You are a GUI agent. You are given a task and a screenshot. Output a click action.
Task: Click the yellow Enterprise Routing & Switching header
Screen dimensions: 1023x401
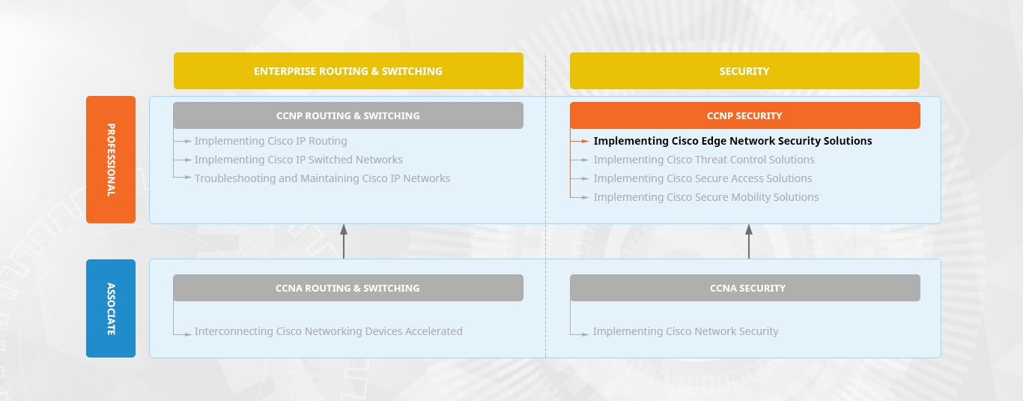click(348, 71)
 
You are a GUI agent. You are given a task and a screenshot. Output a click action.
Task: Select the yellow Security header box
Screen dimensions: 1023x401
click(744, 71)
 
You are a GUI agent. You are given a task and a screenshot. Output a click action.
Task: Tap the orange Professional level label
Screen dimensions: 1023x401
click(111, 160)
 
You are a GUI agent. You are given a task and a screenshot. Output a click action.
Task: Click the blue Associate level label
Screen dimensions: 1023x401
click(111, 308)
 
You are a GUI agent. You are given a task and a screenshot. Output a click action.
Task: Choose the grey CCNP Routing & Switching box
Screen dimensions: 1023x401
click(348, 115)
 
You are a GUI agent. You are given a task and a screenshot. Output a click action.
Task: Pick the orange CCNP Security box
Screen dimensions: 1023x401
click(745, 115)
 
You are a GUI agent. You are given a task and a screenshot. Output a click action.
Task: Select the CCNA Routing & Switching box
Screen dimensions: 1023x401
click(348, 288)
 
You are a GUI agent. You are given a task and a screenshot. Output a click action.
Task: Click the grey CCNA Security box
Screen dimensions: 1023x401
click(745, 288)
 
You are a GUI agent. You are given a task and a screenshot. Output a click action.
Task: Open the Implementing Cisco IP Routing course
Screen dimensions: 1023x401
click(271, 142)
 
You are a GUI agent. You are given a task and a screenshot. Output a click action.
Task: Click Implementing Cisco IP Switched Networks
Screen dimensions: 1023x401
click(299, 160)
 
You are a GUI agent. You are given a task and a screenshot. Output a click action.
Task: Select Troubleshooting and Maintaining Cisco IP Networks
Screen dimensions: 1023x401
click(323, 179)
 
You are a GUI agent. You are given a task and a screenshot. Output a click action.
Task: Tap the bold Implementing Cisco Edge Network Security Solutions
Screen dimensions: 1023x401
click(733, 142)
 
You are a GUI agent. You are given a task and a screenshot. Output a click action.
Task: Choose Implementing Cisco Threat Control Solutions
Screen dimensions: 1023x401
click(704, 160)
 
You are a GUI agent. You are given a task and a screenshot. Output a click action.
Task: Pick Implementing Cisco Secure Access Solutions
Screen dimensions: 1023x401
click(703, 179)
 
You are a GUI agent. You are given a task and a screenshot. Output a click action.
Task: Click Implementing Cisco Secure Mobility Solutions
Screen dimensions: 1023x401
click(706, 198)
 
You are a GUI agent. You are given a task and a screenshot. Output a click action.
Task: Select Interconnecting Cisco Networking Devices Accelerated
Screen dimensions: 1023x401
click(329, 331)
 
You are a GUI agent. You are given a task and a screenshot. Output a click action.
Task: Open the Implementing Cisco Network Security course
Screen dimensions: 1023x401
click(686, 331)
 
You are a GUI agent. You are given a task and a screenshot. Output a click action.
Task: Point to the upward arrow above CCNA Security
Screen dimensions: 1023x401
click(749, 241)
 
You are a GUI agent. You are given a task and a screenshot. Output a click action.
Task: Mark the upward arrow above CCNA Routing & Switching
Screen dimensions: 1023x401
click(344, 241)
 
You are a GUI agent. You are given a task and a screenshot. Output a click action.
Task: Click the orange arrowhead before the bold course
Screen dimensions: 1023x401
click(586, 142)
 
